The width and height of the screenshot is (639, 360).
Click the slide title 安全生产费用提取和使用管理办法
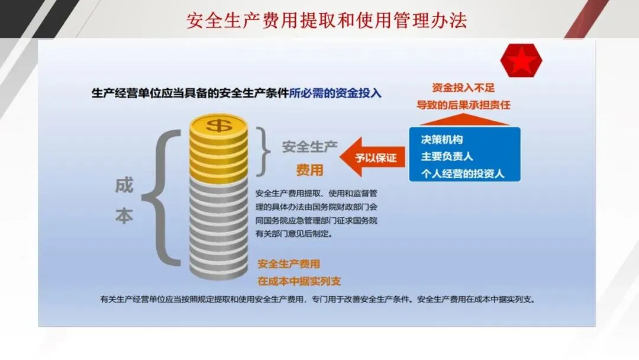click(x=327, y=21)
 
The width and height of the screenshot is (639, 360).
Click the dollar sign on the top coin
click(x=218, y=126)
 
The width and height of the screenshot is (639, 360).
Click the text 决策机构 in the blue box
click(x=442, y=140)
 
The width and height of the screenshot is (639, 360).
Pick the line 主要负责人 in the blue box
click(x=447, y=157)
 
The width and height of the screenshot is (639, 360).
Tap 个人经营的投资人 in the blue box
click(x=462, y=174)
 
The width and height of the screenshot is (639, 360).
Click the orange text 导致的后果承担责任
click(x=463, y=105)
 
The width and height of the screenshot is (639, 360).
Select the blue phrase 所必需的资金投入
click(x=335, y=93)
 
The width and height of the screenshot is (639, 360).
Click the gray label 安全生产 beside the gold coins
click(x=309, y=147)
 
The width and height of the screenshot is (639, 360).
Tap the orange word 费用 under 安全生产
click(x=309, y=170)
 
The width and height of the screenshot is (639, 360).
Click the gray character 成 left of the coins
click(x=124, y=185)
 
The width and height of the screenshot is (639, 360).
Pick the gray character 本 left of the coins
click(x=124, y=216)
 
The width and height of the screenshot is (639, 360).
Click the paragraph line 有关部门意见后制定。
click(x=294, y=234)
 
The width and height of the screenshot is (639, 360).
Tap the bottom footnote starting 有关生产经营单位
click(x=317, y=299)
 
